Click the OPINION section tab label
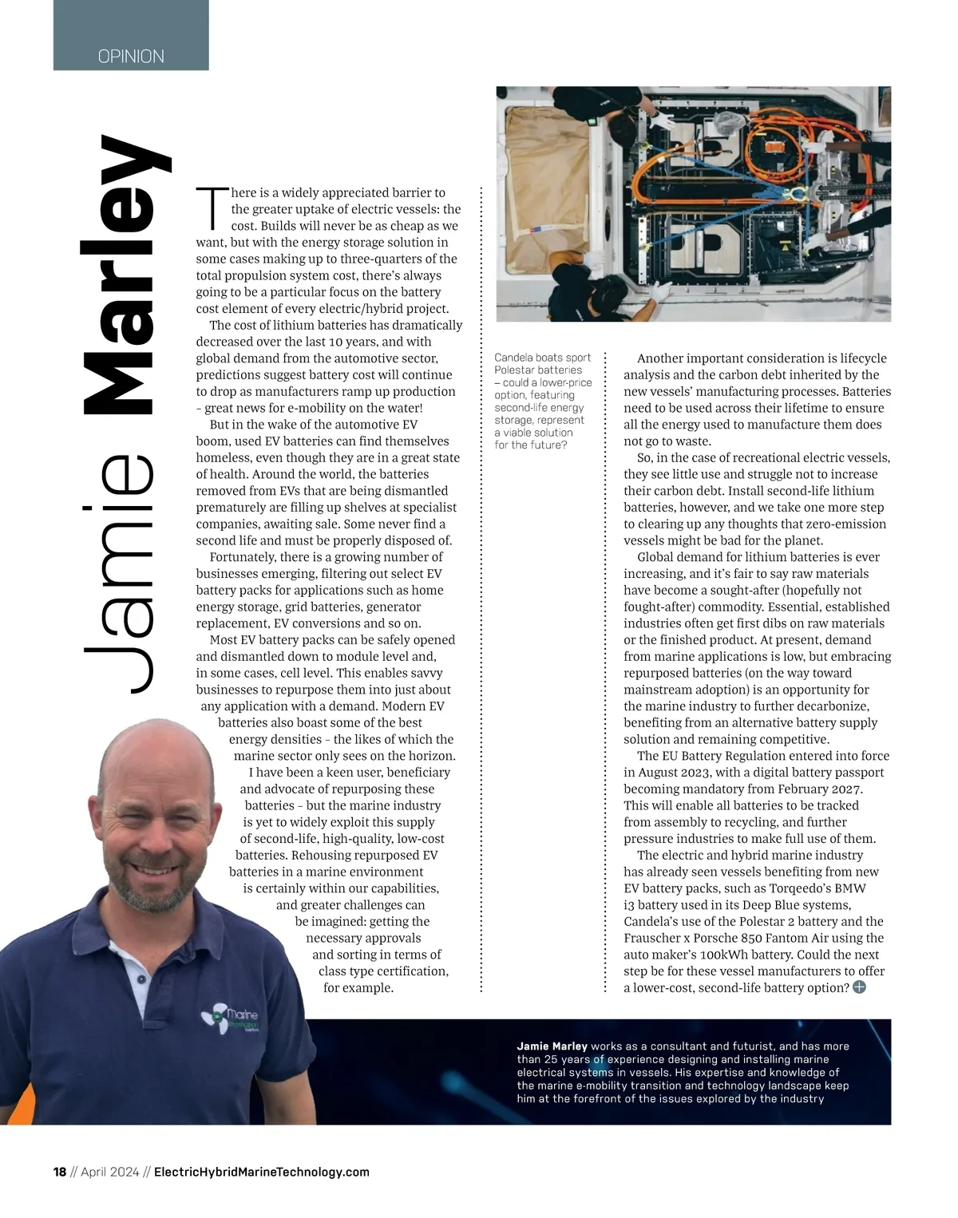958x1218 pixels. [x=131, y=57]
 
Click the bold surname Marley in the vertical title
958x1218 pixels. [x=128, y=275]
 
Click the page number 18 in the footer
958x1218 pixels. [x=60, y=1172]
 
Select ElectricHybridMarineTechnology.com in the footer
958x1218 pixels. [x=261, y=1172]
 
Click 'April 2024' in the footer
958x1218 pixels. [x=110, y=1172]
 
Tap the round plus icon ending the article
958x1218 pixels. [x=859, y=987]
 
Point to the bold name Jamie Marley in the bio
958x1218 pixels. [x=552, y=1046]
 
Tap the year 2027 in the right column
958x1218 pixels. [x=846, y=789]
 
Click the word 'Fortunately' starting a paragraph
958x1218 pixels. [x=243, y=557]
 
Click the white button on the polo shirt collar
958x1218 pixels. [x=141, y=979]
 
